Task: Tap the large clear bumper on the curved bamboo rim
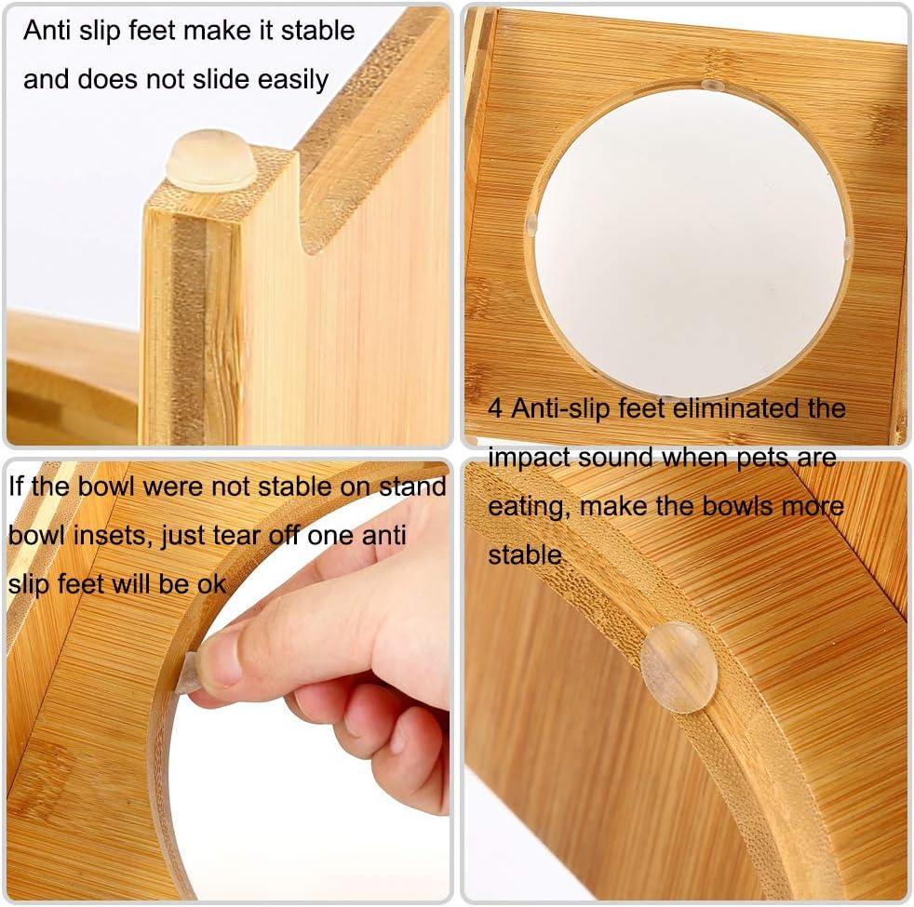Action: point(679,667)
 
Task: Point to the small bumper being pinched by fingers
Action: point(189,673)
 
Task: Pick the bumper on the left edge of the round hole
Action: point(531,225)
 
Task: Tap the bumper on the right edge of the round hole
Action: point(848,248)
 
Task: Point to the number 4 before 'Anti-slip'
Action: point(495,408)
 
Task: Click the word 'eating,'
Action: point(529,507)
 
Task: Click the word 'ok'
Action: point(211,584)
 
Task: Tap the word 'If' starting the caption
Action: point(17,486)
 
